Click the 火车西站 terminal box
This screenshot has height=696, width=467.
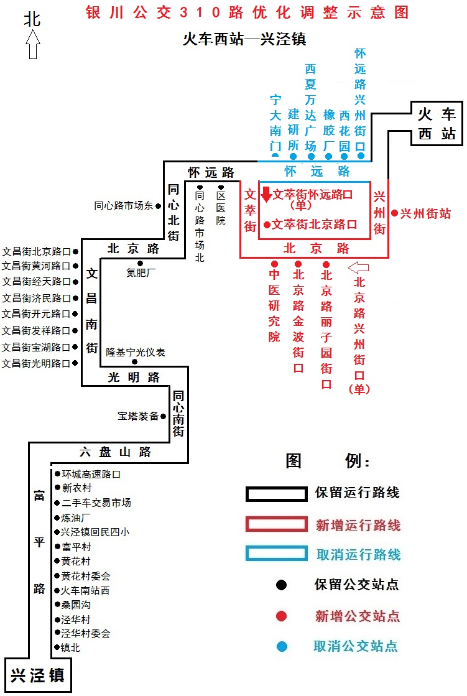[437, 123]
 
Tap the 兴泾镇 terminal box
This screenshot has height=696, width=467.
[38, 675]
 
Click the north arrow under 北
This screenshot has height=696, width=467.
[32, 44]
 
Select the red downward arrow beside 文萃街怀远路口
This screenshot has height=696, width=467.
[266, 195]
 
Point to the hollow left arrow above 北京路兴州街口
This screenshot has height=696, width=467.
[358, 267]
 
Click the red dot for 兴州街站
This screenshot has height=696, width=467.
[394, 213]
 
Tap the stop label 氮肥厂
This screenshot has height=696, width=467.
[141, 272]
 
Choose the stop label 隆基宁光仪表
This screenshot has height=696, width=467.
[136, 353]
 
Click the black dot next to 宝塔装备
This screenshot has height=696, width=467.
[164, 416]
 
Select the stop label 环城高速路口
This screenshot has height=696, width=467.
[91, 474]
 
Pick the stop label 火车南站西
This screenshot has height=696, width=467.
[85, 590]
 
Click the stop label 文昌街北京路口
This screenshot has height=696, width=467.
[37, 252]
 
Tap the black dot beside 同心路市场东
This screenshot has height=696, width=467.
[158, 206]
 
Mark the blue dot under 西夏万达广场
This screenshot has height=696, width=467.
[311, 156]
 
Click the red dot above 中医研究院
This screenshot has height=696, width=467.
[274, 264]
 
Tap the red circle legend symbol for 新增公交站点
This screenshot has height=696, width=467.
[281, 616]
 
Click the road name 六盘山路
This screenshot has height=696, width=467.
[116, 452]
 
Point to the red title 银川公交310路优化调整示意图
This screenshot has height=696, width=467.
[247, 12]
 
